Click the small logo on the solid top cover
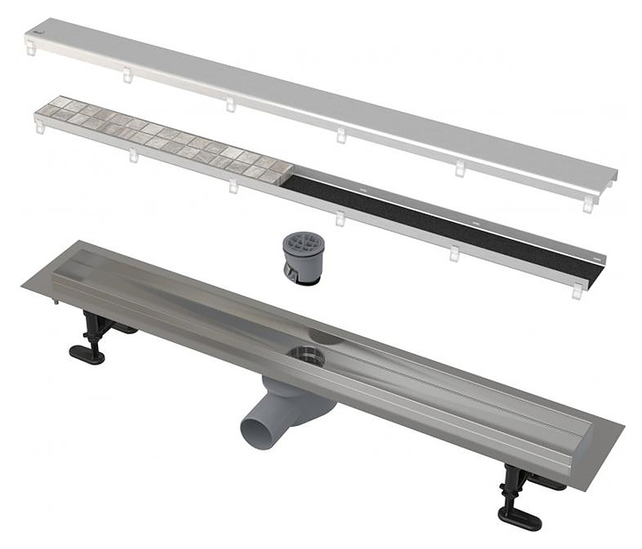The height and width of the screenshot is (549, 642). pyautogui.click(x=34, y=33)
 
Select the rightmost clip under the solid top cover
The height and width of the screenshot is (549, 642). pyautogui.click(x=588, y=204)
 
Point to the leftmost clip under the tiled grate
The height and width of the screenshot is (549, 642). pyautogui.click(x=38, y=128)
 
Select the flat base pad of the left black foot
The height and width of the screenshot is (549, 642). pyautogui.click(x=86, y=355)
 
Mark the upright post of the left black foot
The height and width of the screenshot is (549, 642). pyautogui.click(x=93, y=329)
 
